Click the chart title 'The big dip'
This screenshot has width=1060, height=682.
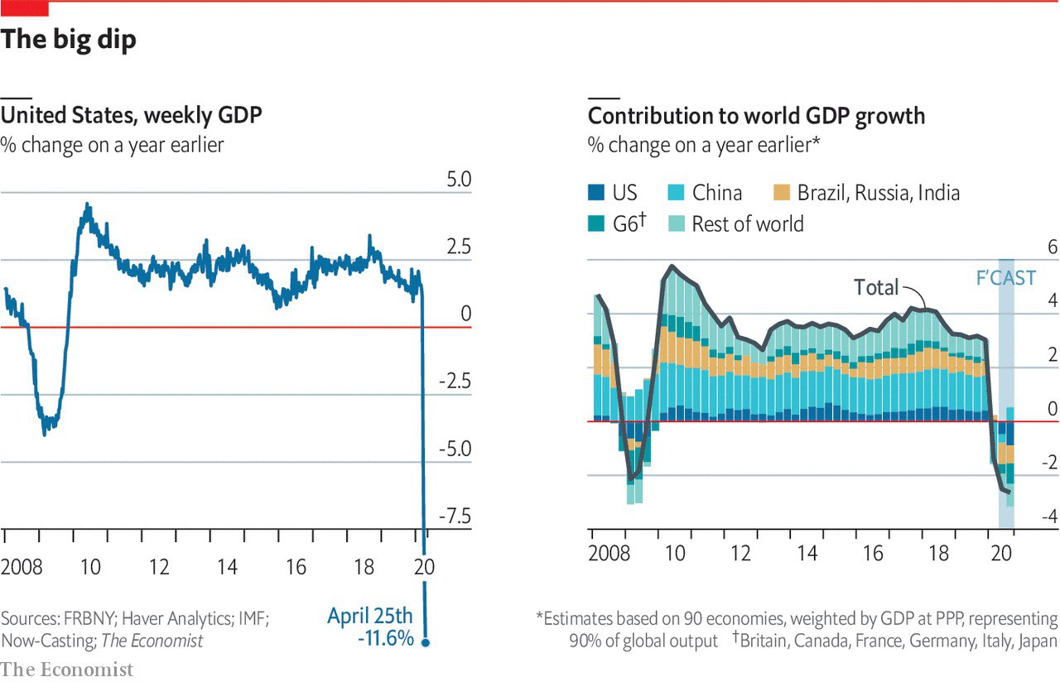point(69,39)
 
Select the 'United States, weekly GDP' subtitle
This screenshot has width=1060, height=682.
point(132,115)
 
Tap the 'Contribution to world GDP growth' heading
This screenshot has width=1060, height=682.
point(756,115)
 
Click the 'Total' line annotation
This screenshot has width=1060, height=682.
point(876,287)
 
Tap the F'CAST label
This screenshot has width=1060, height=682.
point(1005,278)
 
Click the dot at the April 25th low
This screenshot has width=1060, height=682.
point(426,641)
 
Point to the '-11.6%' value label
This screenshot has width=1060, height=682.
point(385,639)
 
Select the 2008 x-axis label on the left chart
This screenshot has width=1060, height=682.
point(22,568)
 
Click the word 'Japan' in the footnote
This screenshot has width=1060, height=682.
point(1037,641)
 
